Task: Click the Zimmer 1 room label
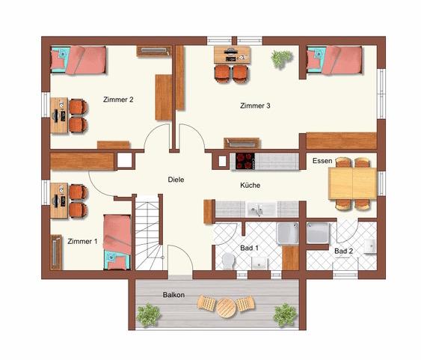[x=82, y=241]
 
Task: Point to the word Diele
[x=175, y=180]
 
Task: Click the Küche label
[x=250, y=185]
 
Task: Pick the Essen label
[x=322, y=160]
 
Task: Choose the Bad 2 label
[x=343, y=250]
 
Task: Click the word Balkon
[x=173, y=295]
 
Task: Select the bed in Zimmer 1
[x=117, y=239]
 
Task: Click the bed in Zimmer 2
[x=79, y=59]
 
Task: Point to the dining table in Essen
[x=352, y=183]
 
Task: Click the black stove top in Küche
[x=245, y=159]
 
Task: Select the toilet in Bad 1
[x=229, y=260]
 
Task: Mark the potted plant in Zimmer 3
[x=282, y=57]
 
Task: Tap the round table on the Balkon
[x=224, y=305]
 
